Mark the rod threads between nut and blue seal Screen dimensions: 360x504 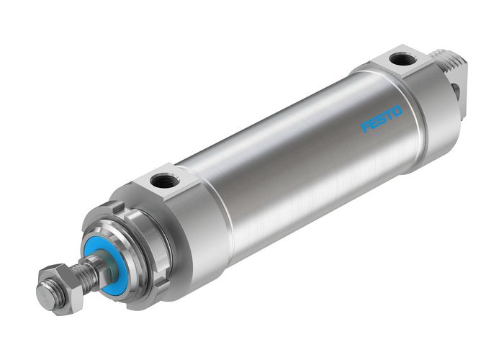(x=86, y=271)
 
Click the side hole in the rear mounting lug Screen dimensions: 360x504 (x=456, y=89)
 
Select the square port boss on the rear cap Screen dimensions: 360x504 (x=403, y=61)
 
